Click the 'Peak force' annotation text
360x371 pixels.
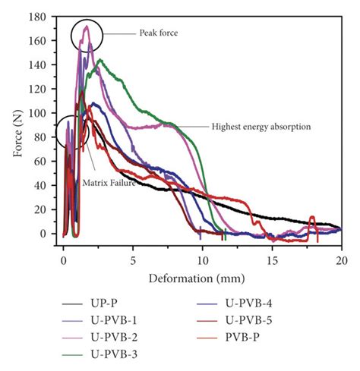(158, 33)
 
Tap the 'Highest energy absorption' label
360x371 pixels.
(261, 126)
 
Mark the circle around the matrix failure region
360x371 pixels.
(74, 134)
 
